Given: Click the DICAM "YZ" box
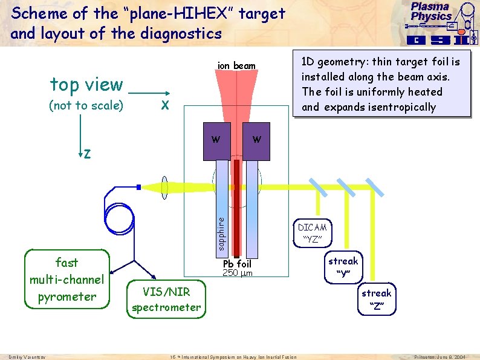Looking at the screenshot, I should coord(312,234).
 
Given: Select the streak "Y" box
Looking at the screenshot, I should coord(343,267).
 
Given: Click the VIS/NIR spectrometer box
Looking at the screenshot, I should coord(166,299).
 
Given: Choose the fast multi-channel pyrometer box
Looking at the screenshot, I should coord(67,280).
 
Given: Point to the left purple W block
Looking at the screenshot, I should coord(216,141).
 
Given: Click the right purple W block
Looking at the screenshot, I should coord(256,141).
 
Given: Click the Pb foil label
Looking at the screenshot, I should coord(236,264).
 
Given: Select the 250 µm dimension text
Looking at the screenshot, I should coord(236,273).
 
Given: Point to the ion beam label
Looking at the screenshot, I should coord(236,65).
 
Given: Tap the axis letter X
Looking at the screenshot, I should coord(163,105).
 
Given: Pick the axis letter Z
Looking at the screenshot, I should coord(88,154).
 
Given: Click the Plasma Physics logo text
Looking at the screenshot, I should coord(431,11).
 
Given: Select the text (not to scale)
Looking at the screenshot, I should coord(86,106).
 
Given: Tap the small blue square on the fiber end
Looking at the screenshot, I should coord(139,188).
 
